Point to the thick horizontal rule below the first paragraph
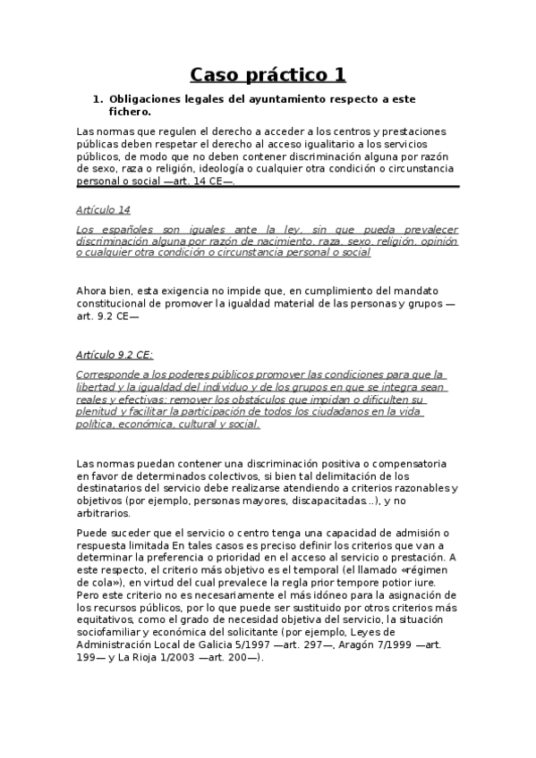coord(268,187)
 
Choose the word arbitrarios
coord(104,513)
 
